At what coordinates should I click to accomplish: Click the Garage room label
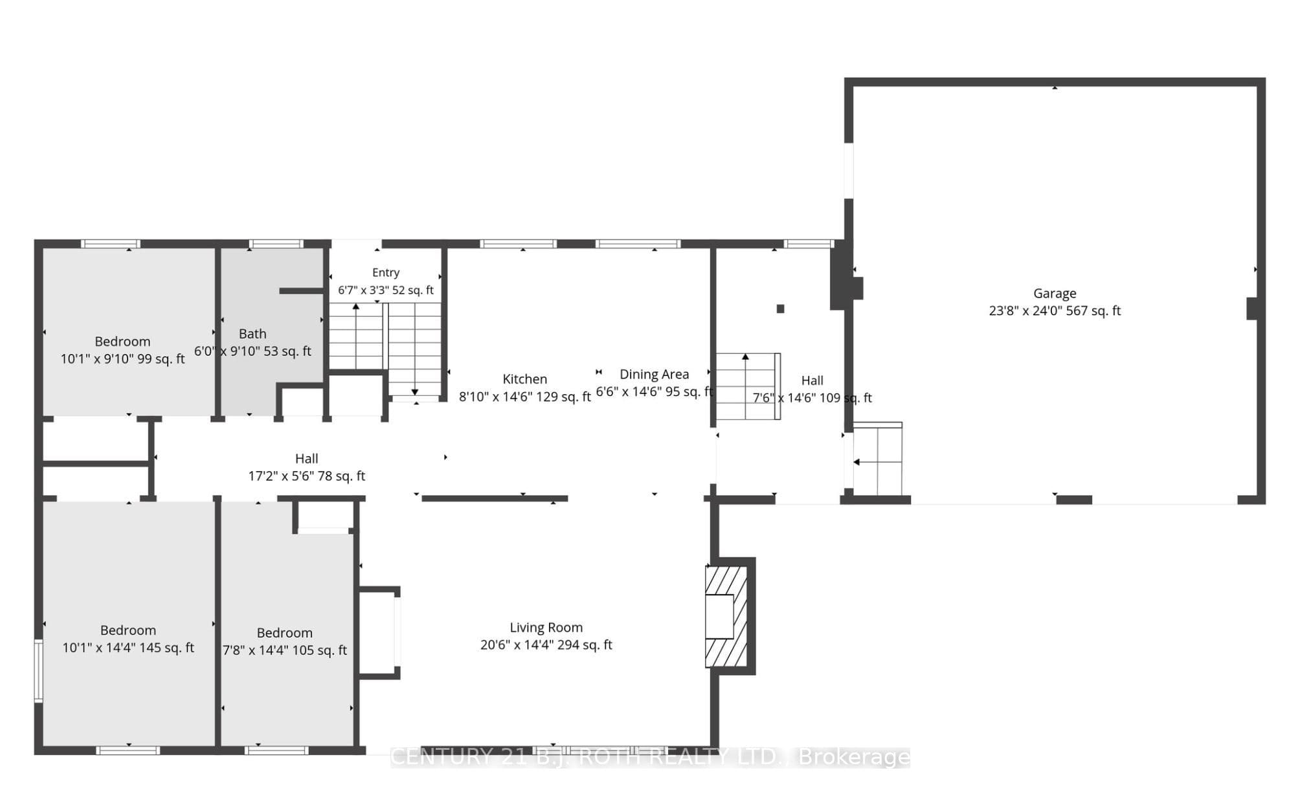(1055, 293)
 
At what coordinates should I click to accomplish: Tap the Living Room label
(546, 627)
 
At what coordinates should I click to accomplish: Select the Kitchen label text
(524, 379)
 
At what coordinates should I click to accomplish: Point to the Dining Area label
(654, 374)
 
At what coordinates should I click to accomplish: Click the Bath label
(252, 334)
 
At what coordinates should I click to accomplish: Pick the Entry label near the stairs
(386, 273)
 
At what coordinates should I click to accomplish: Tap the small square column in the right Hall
(781, 309)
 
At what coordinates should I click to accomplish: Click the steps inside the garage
(877, 458)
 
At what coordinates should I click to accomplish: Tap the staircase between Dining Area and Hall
(748, 386)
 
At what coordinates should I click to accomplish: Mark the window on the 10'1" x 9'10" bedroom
(111, 244)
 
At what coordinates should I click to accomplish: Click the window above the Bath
(276, 244)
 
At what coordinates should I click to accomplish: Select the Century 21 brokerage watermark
(651, 756)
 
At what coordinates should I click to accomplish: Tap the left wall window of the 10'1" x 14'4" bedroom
(38, 671)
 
